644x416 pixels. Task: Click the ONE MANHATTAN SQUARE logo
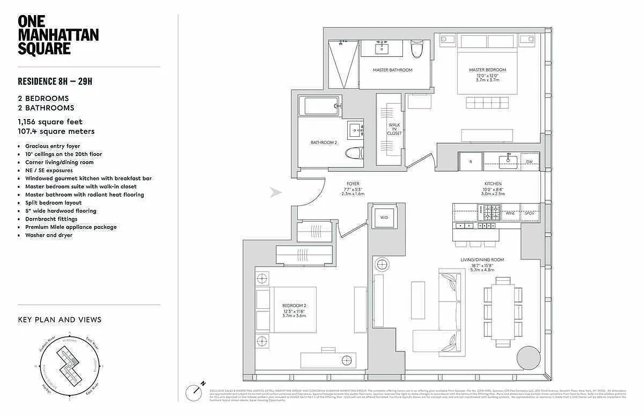tap(58, 35)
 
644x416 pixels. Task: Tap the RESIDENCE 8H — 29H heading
tap(55, 81)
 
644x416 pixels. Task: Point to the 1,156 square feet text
tap(50, 122)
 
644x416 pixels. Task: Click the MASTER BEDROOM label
tap(487, 70)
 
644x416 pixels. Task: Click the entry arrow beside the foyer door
tap(276, 193)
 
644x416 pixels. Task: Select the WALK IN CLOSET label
tap(394, 129)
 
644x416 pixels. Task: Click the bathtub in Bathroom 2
tap(321, 106)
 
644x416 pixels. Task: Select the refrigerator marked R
tap(471, 161)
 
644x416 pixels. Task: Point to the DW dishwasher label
tap(528, 161)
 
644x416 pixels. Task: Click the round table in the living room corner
tap(528, 358)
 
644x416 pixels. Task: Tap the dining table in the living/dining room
tap(503, 312)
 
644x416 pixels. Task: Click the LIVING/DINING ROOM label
tap(482, 259)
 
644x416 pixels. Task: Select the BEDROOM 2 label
tap(294, 306)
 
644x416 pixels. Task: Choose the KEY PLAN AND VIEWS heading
tap(59, 320)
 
